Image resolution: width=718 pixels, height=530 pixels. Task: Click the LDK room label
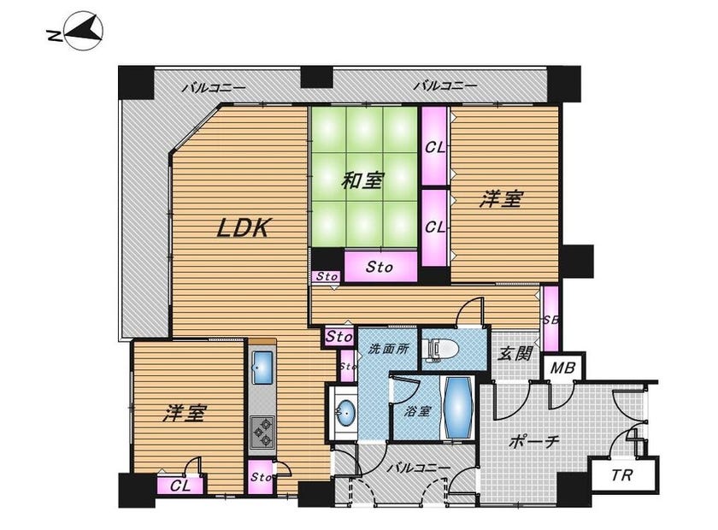tap(244, 227)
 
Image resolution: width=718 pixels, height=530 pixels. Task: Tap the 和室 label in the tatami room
tap(362, 181)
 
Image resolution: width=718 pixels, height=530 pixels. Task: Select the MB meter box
tap(562, 367)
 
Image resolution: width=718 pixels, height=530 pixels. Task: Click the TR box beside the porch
tap(622, 475)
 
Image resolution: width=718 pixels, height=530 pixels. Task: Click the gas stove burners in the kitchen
tap(262, 432)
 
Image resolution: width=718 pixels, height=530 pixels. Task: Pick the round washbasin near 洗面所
tap(344, 413)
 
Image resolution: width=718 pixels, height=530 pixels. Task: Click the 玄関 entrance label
tap(515, 353)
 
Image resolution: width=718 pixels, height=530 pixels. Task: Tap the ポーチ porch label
tap(534, 442)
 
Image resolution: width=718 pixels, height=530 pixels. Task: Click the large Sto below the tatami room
tap(380, 266)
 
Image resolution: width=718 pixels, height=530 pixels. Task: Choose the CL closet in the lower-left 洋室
tap(180, 486)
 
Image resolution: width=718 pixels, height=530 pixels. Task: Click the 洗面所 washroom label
tap(388, 349)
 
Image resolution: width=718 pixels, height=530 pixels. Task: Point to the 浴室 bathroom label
tap(417, 411)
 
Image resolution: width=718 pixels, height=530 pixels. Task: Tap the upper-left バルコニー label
tap(214, 87)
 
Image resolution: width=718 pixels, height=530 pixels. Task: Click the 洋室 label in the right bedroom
tap(501, 200)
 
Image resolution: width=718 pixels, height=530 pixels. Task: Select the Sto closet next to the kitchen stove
tap(261, 477)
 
